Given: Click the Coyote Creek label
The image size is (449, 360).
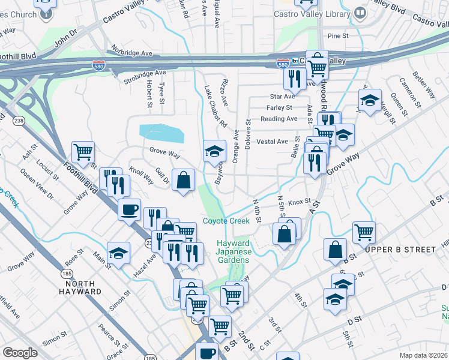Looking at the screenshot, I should click(x=226, y=221).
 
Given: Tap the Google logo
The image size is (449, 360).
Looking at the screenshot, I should click(x=20, y=353).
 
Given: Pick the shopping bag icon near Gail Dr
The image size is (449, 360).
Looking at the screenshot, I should click(x=183, y=179).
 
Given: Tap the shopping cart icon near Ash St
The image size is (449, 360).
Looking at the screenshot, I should click(x=83, y=152).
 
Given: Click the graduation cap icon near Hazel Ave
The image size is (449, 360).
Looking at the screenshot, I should click(x=118, y=253).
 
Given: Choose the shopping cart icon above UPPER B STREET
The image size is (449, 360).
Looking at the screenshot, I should click(x=364, y=232).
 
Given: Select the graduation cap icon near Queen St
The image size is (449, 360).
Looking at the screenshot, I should click(x=370, y=100).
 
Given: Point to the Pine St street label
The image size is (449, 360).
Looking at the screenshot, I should click(x=338, y=36).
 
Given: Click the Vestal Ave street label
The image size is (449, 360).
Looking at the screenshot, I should click(x=273, y=142).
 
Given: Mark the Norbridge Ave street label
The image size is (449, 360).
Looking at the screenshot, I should click(x=130, y=53).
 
